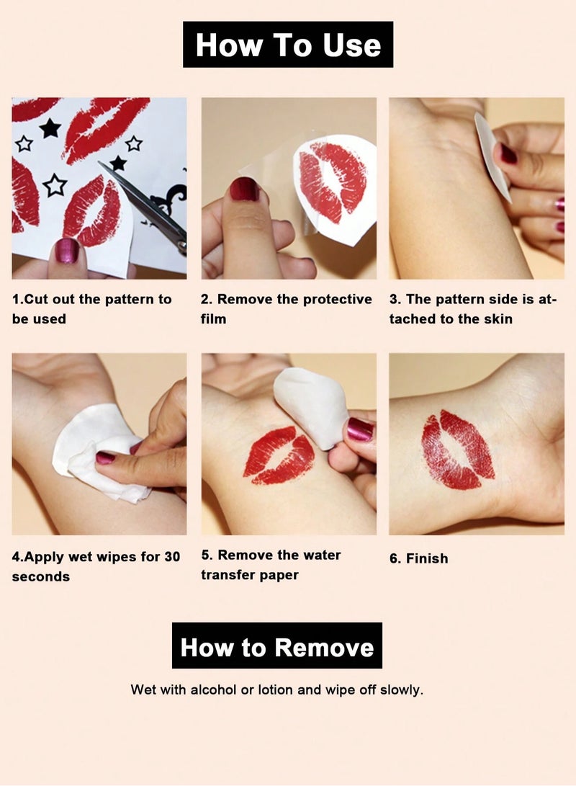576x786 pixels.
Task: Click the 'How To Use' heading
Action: (287, 45)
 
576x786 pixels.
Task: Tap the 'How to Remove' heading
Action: (277, 646)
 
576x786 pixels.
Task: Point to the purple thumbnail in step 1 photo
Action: (68, 250)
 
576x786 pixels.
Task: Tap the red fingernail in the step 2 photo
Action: (244, 189)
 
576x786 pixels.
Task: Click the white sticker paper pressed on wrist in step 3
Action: (493, 155)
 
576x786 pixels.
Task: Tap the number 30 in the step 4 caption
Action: (171, 556)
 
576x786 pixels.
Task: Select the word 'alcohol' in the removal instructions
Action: (213, 689)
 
